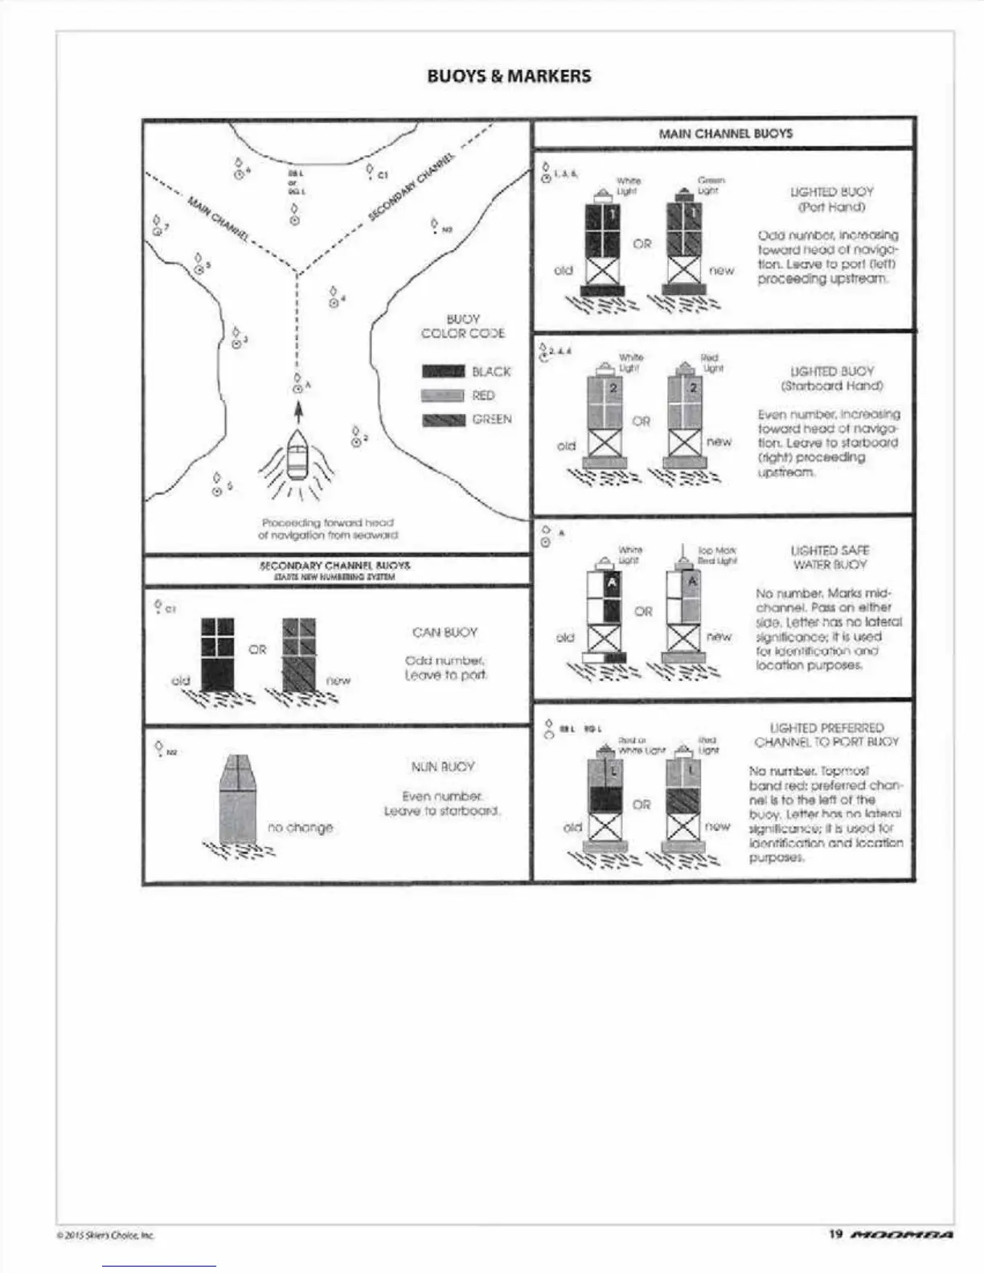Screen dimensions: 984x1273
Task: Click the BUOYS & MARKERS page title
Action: (x=509, y=76)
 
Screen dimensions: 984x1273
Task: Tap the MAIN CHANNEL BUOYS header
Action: (x=725, y=133)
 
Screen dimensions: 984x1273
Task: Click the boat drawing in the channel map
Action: (x=297, y=458)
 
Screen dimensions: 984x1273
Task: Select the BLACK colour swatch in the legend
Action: (x=443, y=371)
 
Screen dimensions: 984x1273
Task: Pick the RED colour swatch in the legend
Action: (x=443, y=395)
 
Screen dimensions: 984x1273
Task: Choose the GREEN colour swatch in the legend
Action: (x=443, y=420)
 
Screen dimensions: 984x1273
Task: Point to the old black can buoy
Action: (x=217, y=653)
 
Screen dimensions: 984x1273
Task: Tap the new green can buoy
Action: (x=298, y=653)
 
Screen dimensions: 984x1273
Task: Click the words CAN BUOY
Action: (x=445, y=632)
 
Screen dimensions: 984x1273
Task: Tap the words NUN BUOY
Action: (x=443, y=767)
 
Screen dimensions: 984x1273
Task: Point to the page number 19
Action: (x=835, y=1256)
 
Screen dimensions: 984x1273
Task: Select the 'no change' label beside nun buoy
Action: (x=300, y=827)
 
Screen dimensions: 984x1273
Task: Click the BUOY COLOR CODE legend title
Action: (x=462, y=326)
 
